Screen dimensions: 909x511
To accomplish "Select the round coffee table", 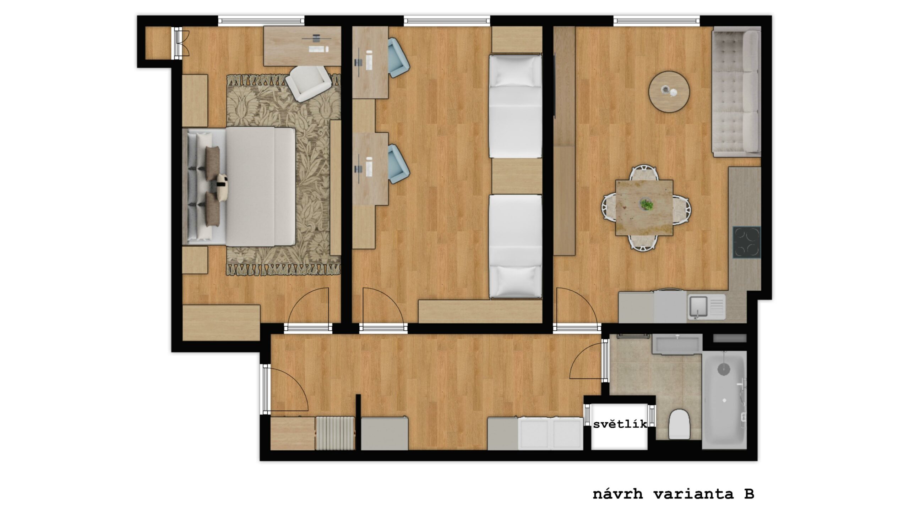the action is point(669,92).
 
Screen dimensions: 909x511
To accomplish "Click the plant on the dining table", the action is point(647,205).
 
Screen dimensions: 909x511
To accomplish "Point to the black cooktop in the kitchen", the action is point(747,242).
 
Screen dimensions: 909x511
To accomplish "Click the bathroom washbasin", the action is point(676,344).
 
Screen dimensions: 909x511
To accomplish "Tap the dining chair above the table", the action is point(644,173).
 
